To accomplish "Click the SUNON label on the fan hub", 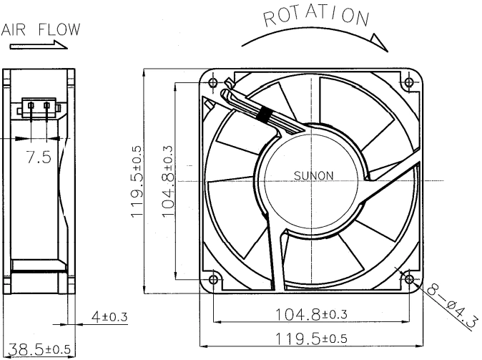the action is point(313,175).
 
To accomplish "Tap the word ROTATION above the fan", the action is point(316,16).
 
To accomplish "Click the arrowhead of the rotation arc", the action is point(380,42).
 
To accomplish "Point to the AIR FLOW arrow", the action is point(39,45).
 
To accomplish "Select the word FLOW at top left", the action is point(59,29).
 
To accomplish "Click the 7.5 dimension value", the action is point(39,157).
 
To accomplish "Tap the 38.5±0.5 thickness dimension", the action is point(39,349).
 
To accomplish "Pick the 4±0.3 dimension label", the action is point(109,316).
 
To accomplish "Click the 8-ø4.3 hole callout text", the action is point(452,308).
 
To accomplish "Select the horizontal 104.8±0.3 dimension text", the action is point(311,314).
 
